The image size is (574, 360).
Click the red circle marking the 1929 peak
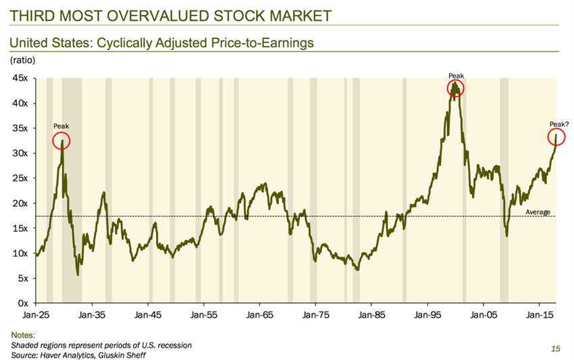click(x=53, y=141)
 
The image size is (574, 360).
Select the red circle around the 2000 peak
click(x=448, y=88)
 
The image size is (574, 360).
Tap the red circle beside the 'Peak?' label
click(x=548, y=137)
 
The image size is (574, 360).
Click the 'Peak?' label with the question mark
click(x=559, y=124)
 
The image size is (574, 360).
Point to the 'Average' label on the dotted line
click(x=538, y=211)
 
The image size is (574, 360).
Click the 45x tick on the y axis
click(x=20, y=78)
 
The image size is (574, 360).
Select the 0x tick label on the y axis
click(x=23, y=303)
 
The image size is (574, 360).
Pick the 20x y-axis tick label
click(x=20, y=203)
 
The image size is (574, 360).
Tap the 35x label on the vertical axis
click(x=20, y=128)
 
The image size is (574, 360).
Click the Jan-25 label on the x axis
click(x=36, y=315)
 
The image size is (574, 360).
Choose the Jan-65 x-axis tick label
click(x=259, y=315)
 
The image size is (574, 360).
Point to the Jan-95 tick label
click(x=427, y=315)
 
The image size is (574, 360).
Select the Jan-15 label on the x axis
click(x=540, y=315)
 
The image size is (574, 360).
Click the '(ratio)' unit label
click(x=23, y=59)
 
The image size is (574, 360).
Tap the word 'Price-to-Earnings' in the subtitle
click(x=263, y=43)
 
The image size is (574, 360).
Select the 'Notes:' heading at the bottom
click(x=23, y=335)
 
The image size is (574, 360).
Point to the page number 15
click(x=556, y=349)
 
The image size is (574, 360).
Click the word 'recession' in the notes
click(x=176, y=345)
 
